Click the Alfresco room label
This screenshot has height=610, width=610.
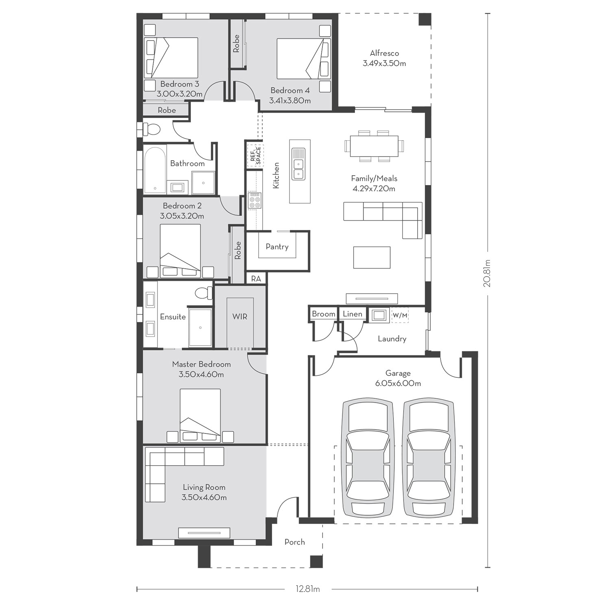click(384, 53)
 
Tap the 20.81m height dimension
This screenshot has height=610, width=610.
click(487, 273)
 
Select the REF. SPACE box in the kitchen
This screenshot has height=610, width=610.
click(255, 156)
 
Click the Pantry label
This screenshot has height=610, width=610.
click(277, 246)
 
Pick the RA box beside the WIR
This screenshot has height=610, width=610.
click(256, 279)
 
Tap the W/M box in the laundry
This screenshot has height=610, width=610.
click(400, 315)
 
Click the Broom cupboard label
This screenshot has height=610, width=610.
click(324, 314)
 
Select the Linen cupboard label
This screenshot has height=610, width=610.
click(353, 314)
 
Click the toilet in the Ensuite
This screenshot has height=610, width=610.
click(204, 293)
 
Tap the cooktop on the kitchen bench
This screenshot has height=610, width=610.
click(255, 201)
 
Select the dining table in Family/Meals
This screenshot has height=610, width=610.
click(374, 146)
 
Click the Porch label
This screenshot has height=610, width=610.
click(295, 542)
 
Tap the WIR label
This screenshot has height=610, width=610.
click(240, 316)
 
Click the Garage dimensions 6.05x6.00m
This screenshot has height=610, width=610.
click(398, 383)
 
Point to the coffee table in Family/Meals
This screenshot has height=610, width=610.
click(372, 257)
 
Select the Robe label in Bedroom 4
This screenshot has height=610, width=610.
click(236, 44)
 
